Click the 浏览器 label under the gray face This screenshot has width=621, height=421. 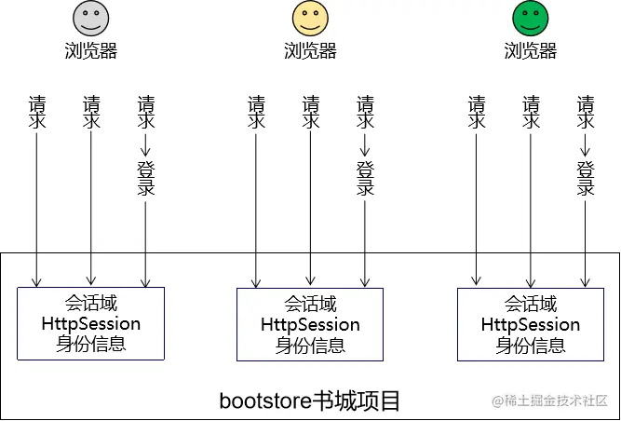(x=91, y=51)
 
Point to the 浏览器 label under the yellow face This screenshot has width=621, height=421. (x=310, y=51)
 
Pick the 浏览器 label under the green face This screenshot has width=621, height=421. (x=530, y=51)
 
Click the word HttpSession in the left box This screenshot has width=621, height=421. (x=91, y=324)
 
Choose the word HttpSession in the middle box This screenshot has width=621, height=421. (x=310, y=325)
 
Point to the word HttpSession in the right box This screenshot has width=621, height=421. (x=530, y=325)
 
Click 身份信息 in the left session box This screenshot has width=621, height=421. (x=91, y=345)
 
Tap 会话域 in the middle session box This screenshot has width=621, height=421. (x=310, y=305)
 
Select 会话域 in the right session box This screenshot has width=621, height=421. (x=530, y=305)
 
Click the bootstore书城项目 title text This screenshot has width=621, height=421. (x=310, y=401)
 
